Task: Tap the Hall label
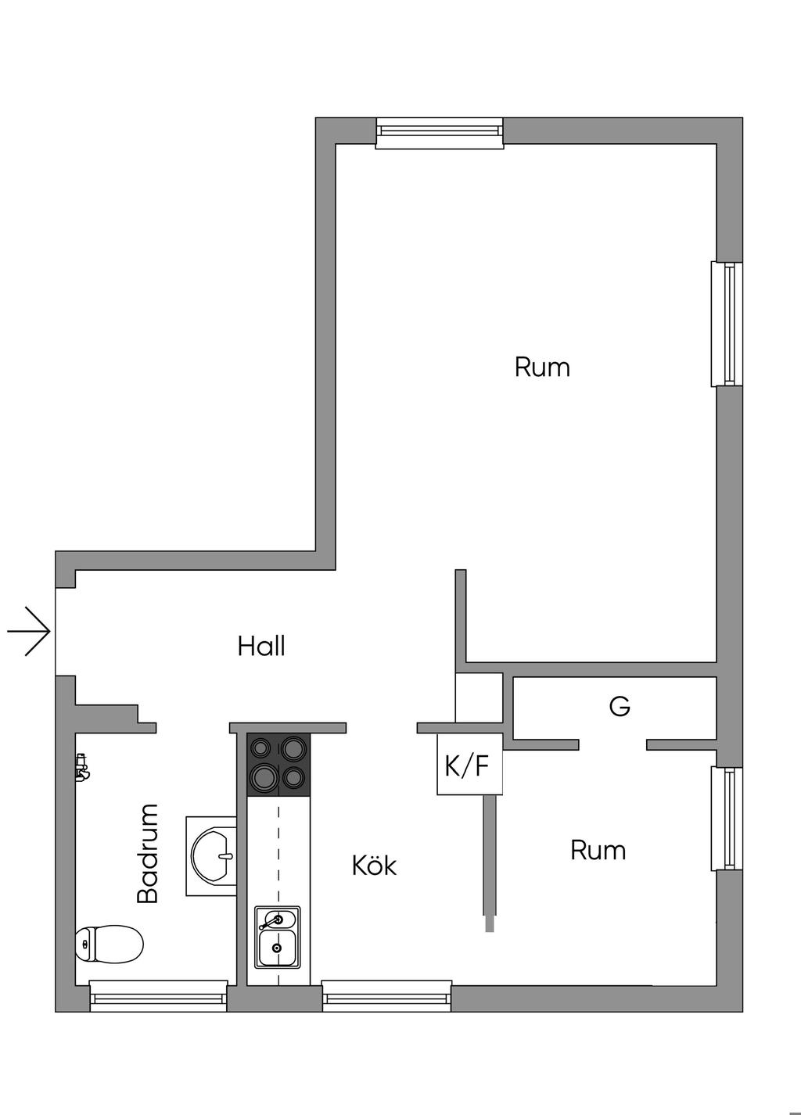click(261, 646)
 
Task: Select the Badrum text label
click(148, 853)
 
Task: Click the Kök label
click(374, 866)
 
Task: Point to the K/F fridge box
click(469, 765)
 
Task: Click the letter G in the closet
click(620, 707)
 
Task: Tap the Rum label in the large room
click(542, 367)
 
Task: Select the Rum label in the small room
click(598, 850)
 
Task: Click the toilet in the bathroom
click(110, 944)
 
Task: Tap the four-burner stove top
click(278, 764)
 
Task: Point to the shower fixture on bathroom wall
click(81, 767)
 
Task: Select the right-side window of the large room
click(727, 324)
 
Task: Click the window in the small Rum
click(727, 819)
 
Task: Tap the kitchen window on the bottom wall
click(387, 995)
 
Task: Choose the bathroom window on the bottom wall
click(158, 995)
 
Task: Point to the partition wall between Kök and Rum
click(490, 860)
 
